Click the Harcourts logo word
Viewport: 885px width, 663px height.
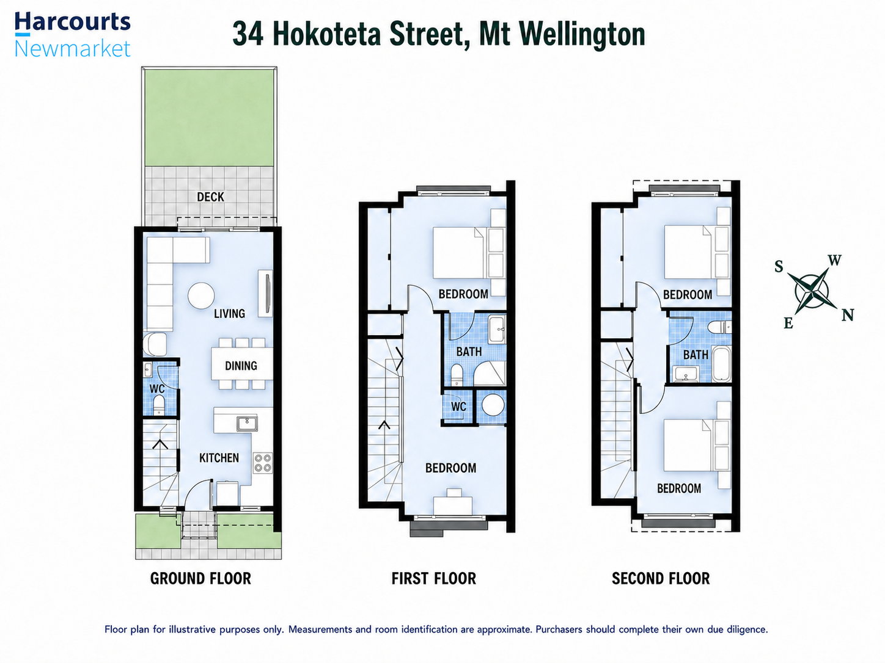pyautogui.click(x=73, y=23)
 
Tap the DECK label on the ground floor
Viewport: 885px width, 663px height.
pyautogui.click(x=210, y=197)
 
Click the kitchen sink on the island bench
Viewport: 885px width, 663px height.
pyautogui.click(x=247, y=423)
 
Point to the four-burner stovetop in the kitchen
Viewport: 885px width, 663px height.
pyautogui.click(x=262, y=463)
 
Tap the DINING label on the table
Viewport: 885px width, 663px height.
pyautogui.click(x=241, y=366)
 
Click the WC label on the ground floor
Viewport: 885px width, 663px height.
pyautogui.click(x=157, y=389)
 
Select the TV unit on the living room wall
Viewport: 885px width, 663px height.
pyautogui.click(x=265, y=293)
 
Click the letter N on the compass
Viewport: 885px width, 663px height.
pyautogui.click(x=848, y=315)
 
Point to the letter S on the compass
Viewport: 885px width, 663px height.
pyautogui.click(x=779, y=267)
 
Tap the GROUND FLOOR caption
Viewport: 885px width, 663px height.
pyautogui.click(x=200, y=579)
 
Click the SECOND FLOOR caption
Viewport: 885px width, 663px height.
pyautogui.click(x=661, y=579)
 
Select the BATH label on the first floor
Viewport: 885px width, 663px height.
pyautogui.click(x=469, y=352)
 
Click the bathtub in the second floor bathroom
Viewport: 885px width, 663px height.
pyautogui.click(x=721, y=363)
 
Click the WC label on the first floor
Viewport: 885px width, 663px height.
pyautogui.click(x=458, y=407)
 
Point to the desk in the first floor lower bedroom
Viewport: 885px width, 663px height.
pyautogui.click(x=453, y=505)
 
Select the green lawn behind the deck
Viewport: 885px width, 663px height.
pyautogui.click(x=209, y=118)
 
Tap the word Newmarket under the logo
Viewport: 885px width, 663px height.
pyautogui.click(x=73, y=49)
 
